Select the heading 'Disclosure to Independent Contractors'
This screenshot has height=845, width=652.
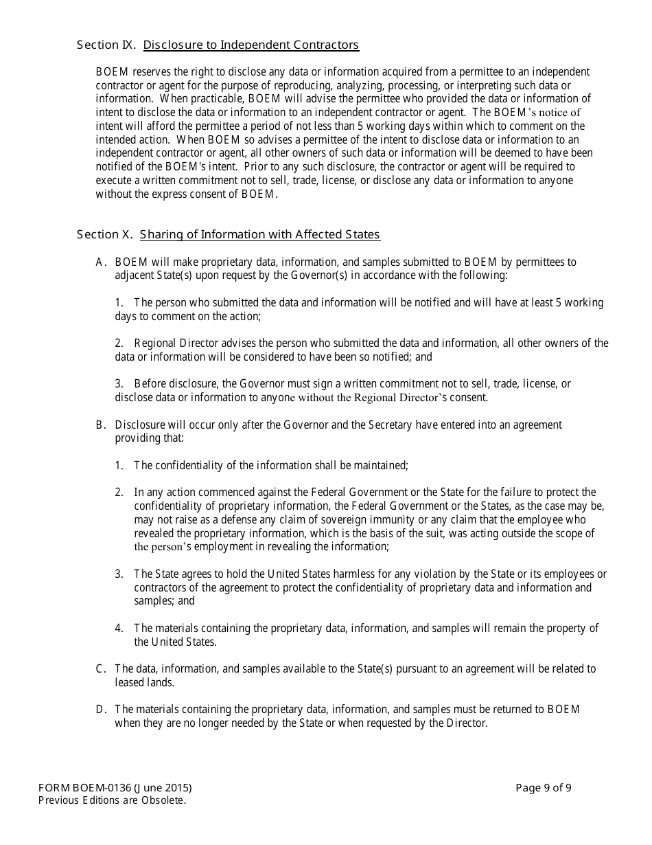[251, 45]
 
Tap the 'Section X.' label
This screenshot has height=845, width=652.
[104, 235]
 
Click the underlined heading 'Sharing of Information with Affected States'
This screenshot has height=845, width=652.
[259, 235]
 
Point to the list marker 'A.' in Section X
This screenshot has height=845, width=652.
[102, 262]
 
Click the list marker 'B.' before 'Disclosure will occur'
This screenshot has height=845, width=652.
[102, 425]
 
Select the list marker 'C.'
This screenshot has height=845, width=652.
[102, 669]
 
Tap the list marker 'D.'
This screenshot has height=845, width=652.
[102, 710]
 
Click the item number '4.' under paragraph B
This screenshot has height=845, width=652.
[119, 629]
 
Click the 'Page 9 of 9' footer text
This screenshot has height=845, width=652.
[543, 788]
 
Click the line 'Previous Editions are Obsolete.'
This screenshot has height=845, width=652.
[112, 800]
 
